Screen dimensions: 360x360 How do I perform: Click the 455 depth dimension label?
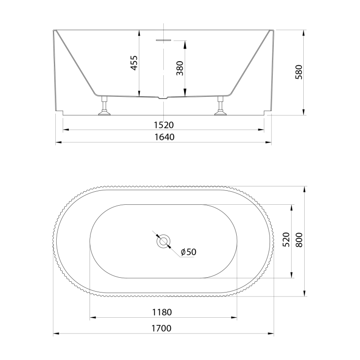(134, 63)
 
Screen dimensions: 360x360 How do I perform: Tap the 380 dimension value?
(180, 68)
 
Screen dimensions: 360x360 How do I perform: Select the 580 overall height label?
(299, 72)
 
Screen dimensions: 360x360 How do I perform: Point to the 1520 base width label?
(164, 125)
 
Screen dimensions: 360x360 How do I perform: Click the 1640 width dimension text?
(164, 137)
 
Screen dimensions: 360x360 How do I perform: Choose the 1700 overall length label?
(162, 328)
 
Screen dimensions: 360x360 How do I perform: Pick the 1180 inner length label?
(162, 312)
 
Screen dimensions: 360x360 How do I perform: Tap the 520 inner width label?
(286, 240)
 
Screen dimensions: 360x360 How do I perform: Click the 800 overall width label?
(299, 240)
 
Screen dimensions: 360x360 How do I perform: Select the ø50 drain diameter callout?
(189, 252)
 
